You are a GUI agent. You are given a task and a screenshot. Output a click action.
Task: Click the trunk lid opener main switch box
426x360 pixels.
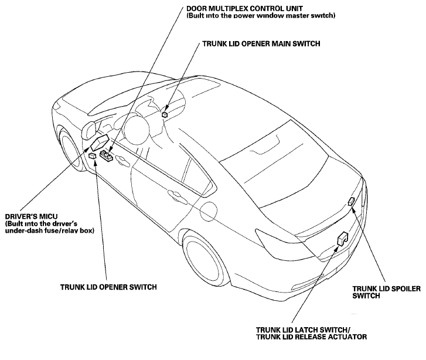pos(165,114)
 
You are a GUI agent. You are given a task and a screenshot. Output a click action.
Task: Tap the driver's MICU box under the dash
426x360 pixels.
pos(100,142)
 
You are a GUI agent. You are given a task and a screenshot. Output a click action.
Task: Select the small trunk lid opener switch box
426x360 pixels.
pos(93,155)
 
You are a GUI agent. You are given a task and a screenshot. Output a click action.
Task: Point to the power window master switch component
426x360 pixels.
pos(105,155)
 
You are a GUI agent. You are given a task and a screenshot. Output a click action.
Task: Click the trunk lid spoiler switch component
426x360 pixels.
pos(351,202)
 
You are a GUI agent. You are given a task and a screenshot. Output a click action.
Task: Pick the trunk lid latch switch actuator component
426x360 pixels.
pos(342,239)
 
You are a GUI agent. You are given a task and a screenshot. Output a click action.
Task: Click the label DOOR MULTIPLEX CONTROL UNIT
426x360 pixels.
pos(244,8)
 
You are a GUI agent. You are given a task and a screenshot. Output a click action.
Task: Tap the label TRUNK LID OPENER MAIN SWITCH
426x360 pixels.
pos(261,43)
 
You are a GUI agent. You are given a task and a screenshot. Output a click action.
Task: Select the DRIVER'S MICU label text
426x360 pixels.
pos(31,217)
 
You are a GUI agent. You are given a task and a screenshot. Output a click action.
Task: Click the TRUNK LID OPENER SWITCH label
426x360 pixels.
pos(108,287)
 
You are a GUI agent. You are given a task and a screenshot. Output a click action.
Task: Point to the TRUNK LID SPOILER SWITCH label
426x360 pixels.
pos(386,292)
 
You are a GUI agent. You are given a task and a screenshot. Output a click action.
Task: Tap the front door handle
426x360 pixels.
pos(123,161)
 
